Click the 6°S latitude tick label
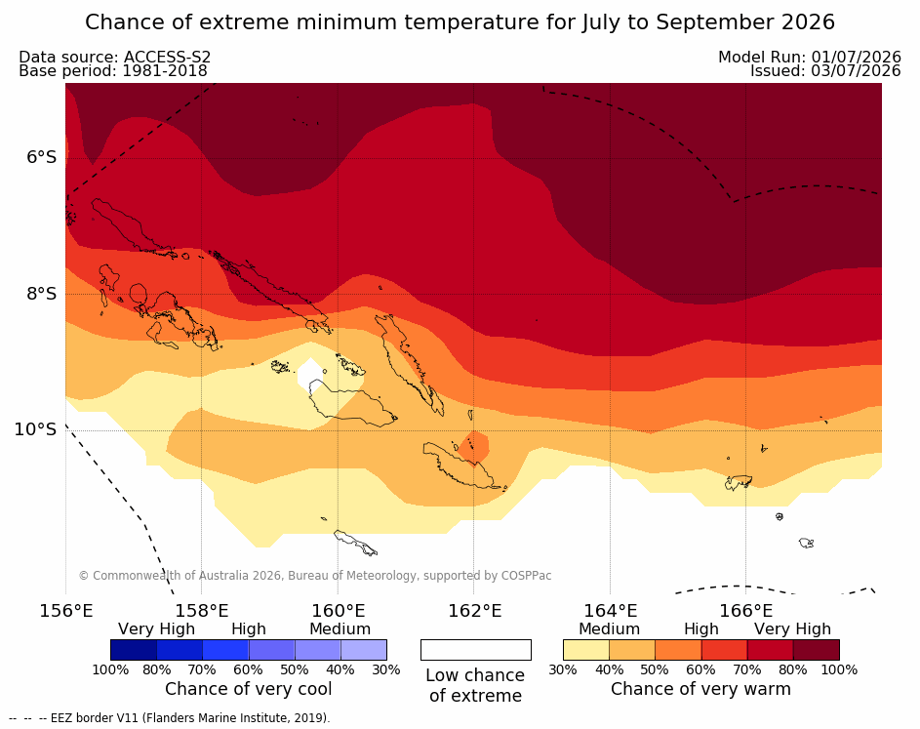click(42, 157)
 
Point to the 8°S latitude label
click(42, 294)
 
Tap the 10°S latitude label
click(36, 429)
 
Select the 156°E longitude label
click(65, 611)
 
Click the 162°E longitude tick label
click(475, 611)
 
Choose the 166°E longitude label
click(746, 611)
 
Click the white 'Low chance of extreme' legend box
click(476, 650)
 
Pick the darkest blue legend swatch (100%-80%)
click(134, 650)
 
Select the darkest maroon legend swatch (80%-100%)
click(817, 650)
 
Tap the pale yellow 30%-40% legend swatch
click(586, 650)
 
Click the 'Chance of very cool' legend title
click(248, 689)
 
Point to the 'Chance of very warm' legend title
click(700, 689)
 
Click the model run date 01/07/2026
click(856, 57)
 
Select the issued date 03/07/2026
click(856, 71)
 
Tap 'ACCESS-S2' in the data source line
click(167, 57)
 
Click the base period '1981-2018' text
click(164, 71)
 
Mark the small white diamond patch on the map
click(310, 375)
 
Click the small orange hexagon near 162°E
click(473, 447)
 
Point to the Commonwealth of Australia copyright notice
click(315, 576)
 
